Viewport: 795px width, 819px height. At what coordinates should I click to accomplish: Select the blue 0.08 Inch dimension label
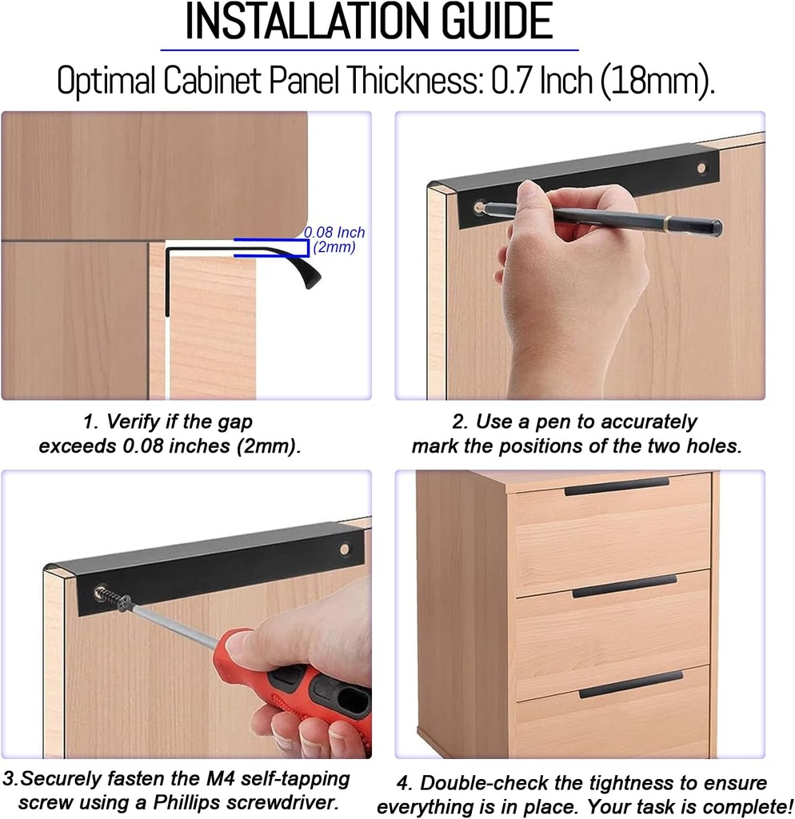tap(334, 233)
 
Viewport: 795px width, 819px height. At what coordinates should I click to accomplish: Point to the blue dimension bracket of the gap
tap(272, 247)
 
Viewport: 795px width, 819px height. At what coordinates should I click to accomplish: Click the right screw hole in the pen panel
tap(701, 169)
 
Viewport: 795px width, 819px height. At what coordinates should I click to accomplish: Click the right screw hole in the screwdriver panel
tap(345, 549)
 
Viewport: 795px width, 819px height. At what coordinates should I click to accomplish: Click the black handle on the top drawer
tap(616, 486)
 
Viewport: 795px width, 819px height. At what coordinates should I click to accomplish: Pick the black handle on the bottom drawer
tap(630, 685)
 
